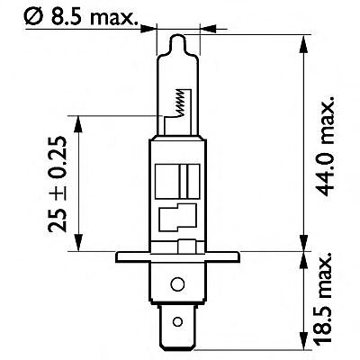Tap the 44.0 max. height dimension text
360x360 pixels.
325,146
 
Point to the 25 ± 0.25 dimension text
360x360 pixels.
57,184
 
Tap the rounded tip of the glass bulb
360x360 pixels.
178,38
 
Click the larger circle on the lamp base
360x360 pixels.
177,283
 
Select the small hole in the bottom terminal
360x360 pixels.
177,322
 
